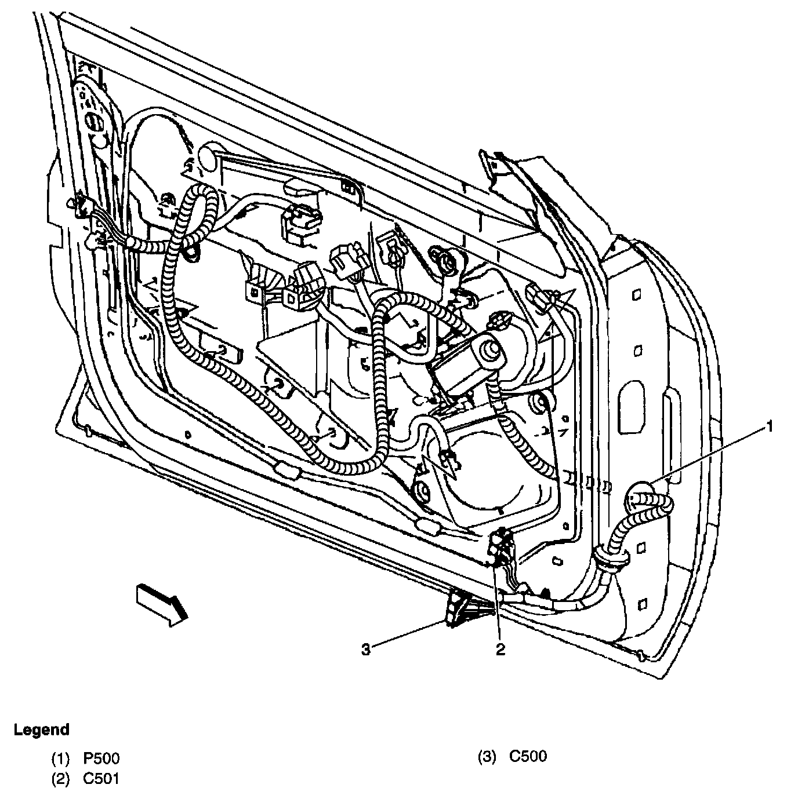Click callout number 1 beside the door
[x=769, y=428]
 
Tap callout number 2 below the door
[x=499, y=650]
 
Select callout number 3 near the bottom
[x=365, y=650]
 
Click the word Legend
[x=41, y=729]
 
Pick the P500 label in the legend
[x=102, y=758]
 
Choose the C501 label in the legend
[x=101, y=778]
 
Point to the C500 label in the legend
[x=528, y=756]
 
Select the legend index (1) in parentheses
[x=61, y=758]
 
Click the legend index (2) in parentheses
[x=61, y=778]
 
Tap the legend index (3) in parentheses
[x=487, y=756]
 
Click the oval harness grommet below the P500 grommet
[x=609, y=559]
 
